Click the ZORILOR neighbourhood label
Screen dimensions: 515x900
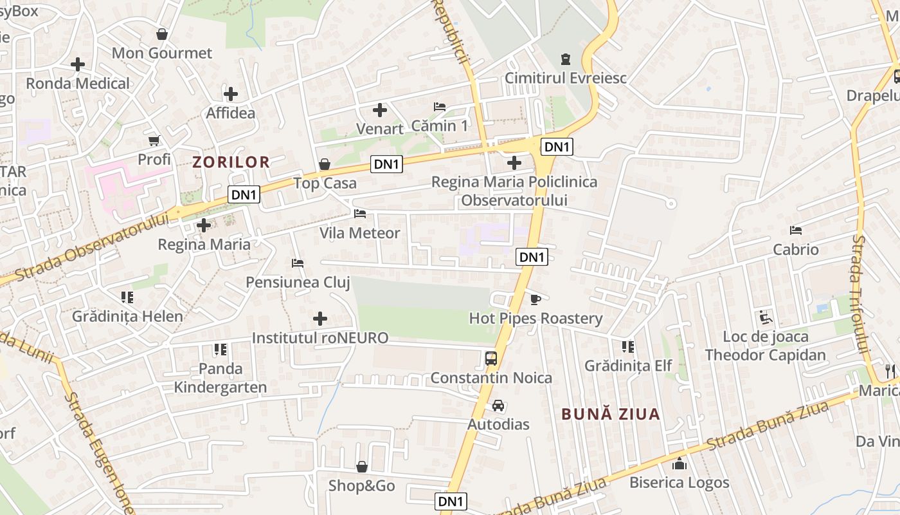click(231, 162)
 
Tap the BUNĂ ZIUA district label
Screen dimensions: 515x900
click(611, 414)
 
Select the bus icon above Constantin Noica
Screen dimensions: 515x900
click(491, 359)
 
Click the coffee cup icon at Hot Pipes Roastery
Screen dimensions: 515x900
click(535, 299)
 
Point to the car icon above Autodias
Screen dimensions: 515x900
click(498, 406)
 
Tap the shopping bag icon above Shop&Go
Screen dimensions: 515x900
click(362, 466)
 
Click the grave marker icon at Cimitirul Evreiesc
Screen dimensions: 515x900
click(565, 59)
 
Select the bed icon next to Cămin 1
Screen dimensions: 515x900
click(440, 107)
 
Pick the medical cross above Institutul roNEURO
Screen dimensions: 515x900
click(319, 319)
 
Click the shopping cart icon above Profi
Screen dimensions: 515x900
click(154, 140)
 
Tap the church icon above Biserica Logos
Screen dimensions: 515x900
click(679, 464)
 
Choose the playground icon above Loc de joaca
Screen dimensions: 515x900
click(765, 317)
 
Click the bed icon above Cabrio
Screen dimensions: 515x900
click(796, 230)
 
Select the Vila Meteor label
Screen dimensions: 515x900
click(360, 233)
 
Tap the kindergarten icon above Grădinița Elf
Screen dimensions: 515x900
click(628, 347)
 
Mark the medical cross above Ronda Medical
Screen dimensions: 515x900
click(78, 64)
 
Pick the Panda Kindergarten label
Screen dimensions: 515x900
click(221, 378)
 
